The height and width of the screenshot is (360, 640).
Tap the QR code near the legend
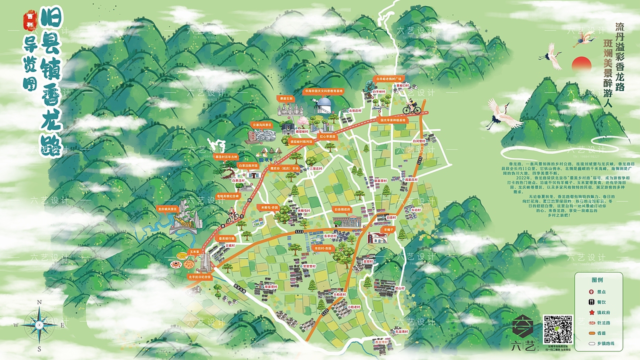[557, 328]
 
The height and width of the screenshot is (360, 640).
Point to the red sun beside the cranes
[581, 63]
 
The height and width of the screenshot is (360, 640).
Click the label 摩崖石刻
[286, 98]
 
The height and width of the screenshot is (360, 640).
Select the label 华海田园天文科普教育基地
[324, 91]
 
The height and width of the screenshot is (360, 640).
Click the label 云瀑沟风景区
[262, 124]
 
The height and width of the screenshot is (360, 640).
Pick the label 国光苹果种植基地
[393, 120]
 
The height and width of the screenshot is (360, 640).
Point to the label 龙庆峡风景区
[167, 209]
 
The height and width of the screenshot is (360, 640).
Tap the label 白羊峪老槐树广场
[389, 79]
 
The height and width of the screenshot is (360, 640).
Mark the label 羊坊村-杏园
[322, 248]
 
